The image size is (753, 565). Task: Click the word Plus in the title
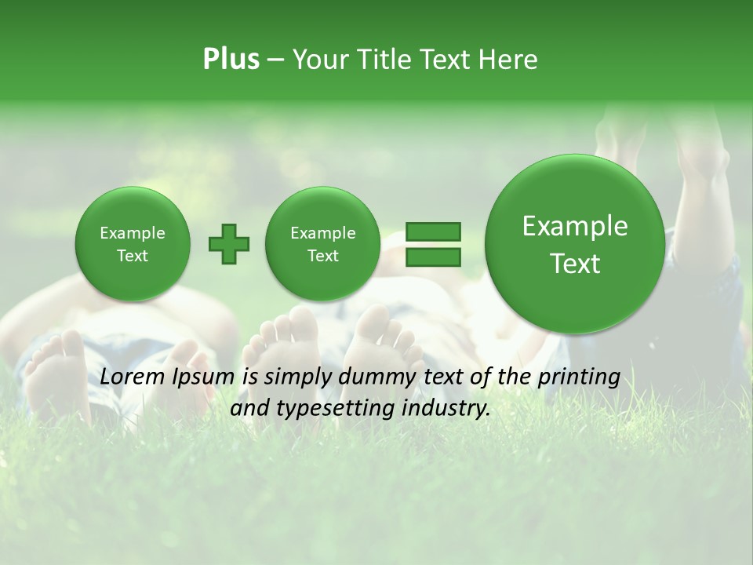231,60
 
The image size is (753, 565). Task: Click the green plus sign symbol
229,244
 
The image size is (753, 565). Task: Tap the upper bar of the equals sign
432,231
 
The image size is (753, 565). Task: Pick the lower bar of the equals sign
432,257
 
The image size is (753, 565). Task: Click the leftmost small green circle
133,244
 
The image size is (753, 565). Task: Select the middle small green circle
322,244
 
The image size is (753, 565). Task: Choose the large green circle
575,244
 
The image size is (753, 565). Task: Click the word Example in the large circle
575,226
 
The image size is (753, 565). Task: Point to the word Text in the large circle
575,264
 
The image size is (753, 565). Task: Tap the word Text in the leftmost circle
133,256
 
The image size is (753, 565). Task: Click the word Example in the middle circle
322,233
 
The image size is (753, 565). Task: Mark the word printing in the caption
580,377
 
